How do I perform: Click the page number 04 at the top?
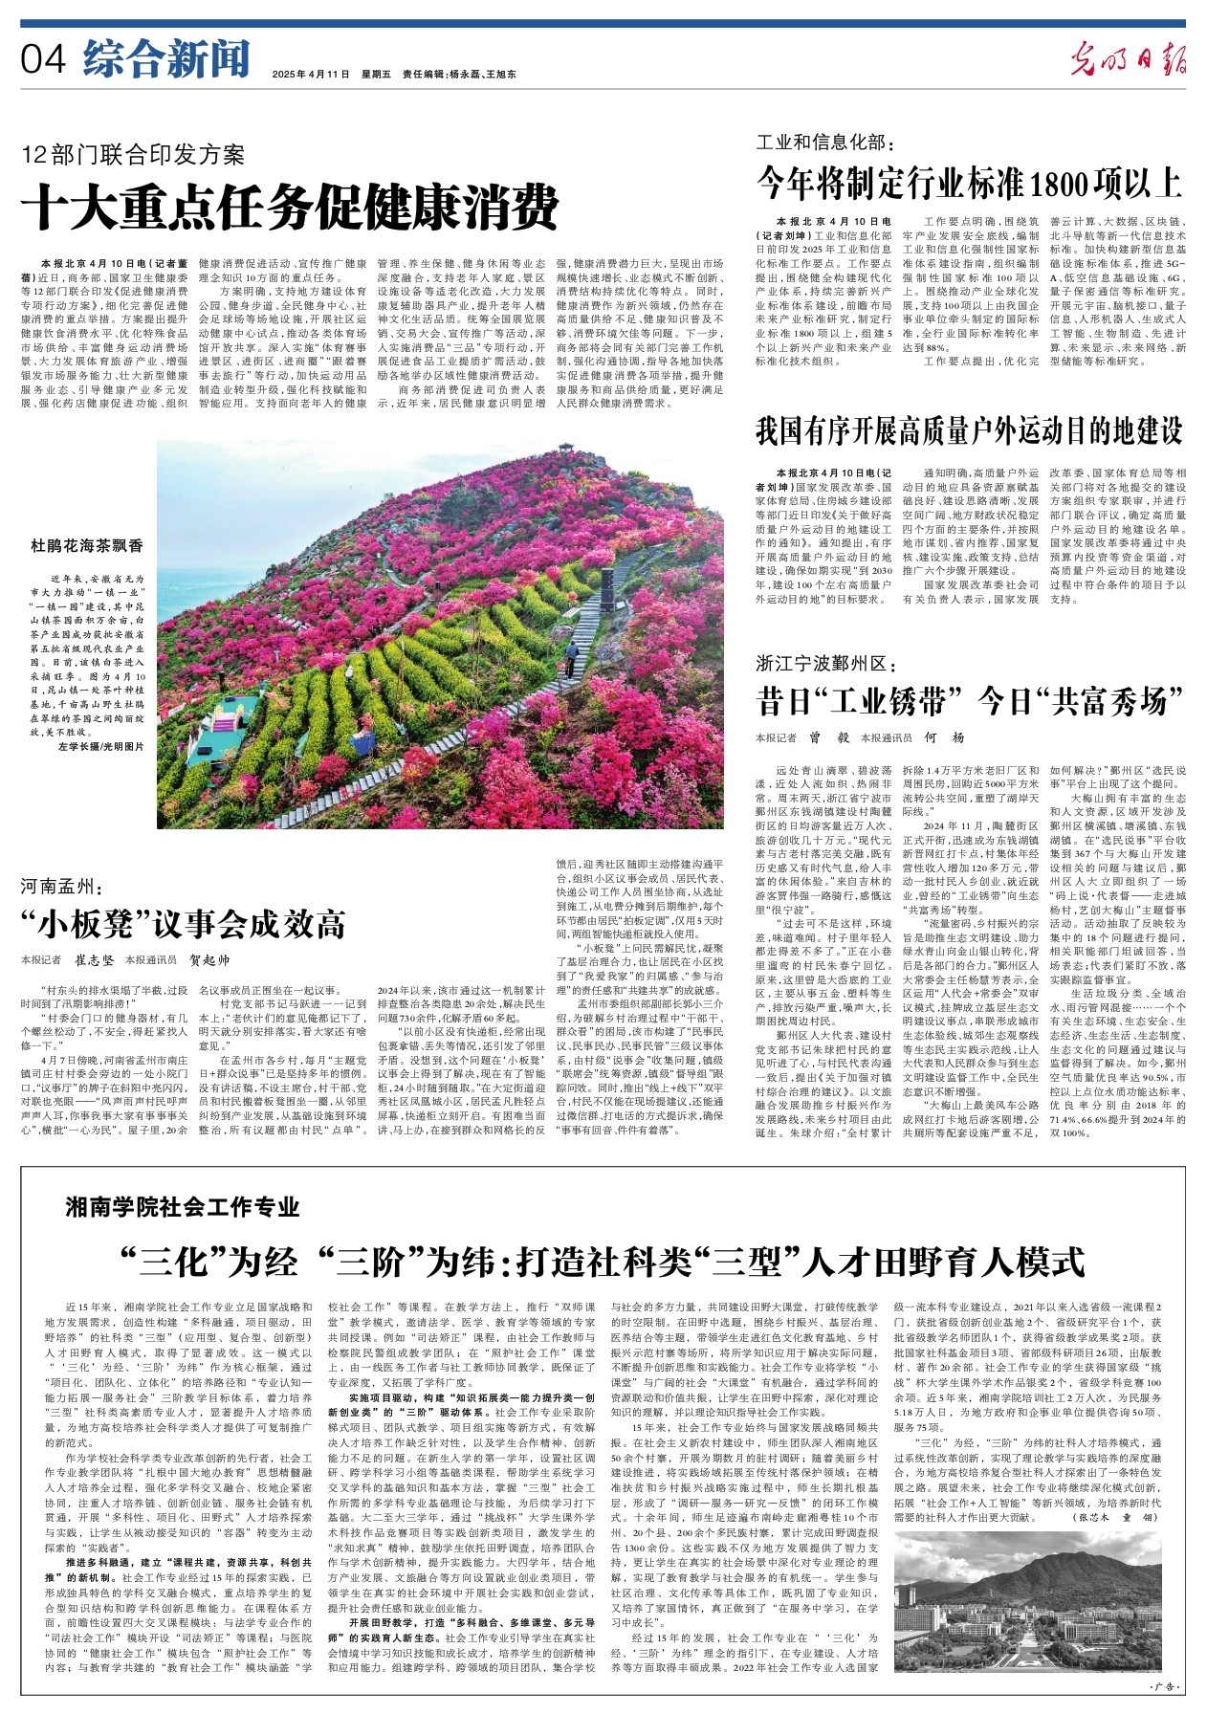[43, 59]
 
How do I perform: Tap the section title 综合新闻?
[165, 59]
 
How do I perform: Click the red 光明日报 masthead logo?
[1128, 60]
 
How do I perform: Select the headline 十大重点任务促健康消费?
[290, 205]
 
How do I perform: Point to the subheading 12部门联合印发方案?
[134, 155]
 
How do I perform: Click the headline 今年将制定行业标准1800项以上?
[969, 182]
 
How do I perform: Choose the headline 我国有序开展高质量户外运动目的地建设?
[969, 430]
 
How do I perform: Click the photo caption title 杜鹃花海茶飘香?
[87, 545]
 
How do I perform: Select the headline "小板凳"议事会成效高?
[183, 924]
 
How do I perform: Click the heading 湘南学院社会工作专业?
[183, 1207]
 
